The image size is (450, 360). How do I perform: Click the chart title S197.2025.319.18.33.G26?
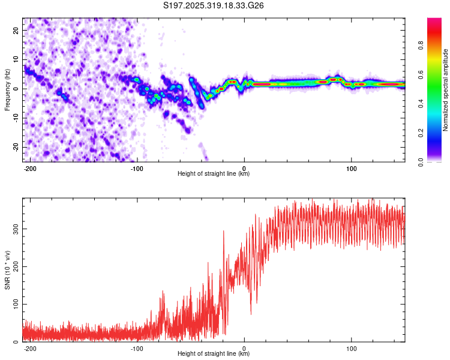click(214, 5)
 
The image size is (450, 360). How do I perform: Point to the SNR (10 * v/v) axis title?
click(7, 269)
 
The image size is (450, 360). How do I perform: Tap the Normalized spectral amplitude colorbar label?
click(446, 90)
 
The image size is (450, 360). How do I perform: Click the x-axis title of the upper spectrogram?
click(214, 174)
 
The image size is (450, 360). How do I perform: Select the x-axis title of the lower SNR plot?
click(214, 354)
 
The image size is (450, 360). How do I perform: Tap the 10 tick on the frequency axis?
click(16, 60)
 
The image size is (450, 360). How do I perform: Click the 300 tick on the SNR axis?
click(13, 229)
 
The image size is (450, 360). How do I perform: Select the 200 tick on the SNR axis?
click(13, 266)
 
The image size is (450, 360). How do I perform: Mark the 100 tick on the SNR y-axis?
click(13, 304)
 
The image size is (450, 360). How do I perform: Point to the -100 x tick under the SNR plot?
click(137, 347)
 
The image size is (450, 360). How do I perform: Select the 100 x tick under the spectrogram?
click(351, 167)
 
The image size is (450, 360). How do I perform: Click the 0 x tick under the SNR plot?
click(244, 347)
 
